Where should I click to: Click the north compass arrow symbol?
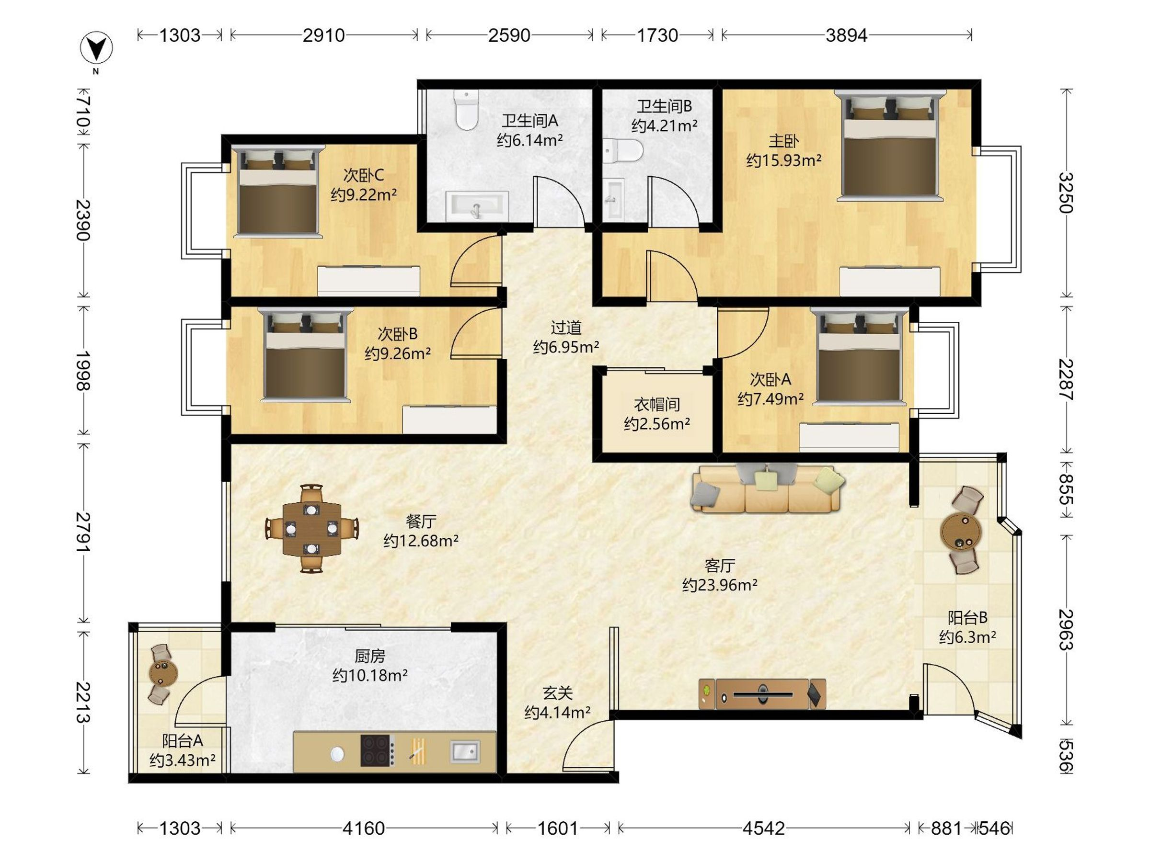96,47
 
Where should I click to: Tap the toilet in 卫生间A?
466,110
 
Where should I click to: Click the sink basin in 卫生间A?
477,206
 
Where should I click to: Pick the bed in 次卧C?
277,192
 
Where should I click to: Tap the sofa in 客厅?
767,489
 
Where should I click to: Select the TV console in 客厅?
762,693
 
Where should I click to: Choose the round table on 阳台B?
961,531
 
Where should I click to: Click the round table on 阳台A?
163,673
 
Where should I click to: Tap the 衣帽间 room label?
656,404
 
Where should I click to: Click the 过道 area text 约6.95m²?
566,347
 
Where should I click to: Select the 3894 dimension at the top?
846,35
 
